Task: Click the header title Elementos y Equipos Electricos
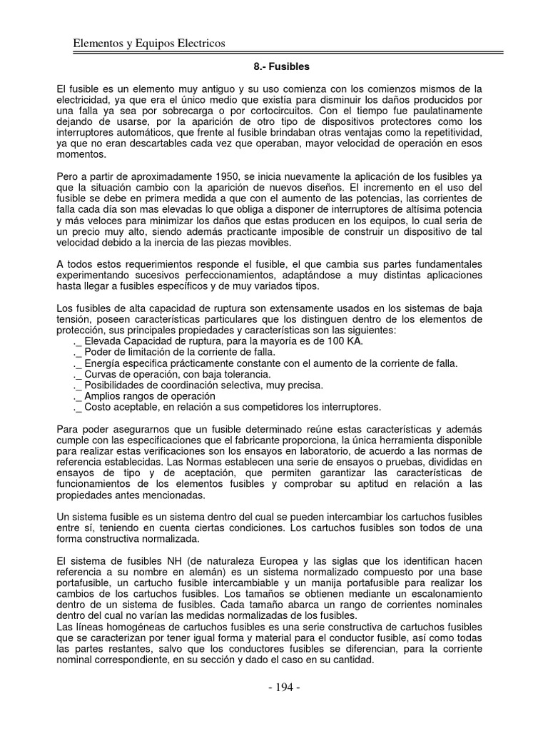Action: click(x=149, y=44)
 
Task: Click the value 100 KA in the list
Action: click(x=345, y=342)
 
